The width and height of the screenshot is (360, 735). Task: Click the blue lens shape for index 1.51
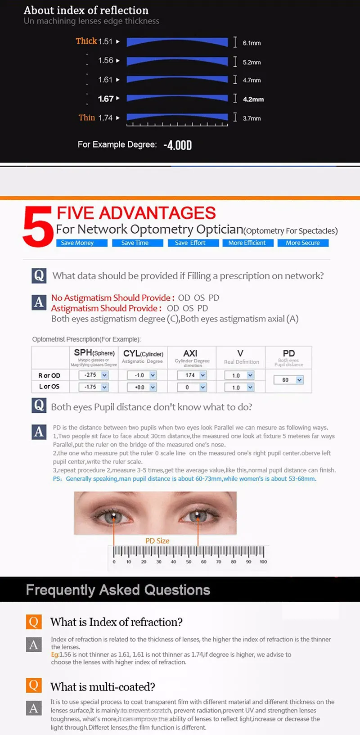point(177,42)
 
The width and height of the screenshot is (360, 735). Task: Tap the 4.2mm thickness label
point(253,99)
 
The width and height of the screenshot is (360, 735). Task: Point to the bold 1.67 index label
point(106,99)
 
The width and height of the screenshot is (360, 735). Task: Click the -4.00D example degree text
point(177,145)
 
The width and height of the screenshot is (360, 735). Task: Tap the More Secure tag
point(302,243)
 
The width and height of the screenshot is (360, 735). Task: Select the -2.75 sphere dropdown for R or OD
point(94,375)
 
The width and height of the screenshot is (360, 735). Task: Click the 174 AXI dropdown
point(192,375)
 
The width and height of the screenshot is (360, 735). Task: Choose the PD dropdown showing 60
point(288,380)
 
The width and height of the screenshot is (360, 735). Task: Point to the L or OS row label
point(49,387)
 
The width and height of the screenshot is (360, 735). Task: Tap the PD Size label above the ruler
point(157,541)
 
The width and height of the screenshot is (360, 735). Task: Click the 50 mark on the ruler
point(189,561)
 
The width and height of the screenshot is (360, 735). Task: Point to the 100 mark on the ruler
point(263,561)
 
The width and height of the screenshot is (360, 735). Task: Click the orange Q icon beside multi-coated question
point(34,685)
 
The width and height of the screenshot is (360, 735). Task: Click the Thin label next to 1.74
point(87,117)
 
